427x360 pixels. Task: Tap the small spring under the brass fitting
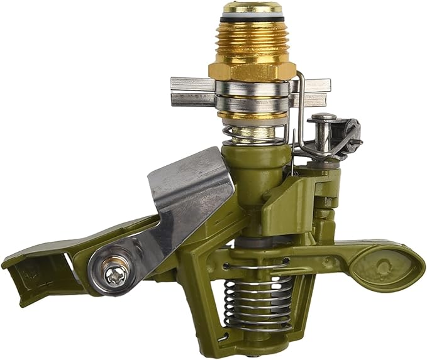click(x=255, y=134)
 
